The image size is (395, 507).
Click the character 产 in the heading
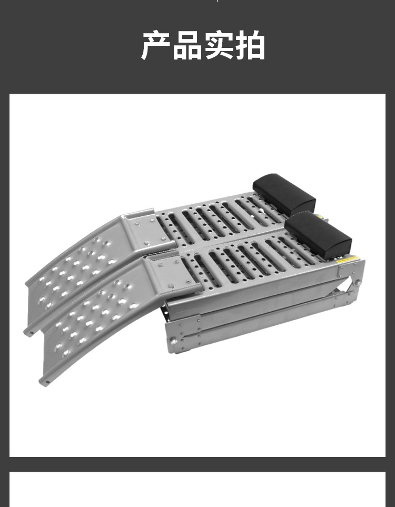coord(156,45)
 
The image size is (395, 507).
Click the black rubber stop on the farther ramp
coord(284,194)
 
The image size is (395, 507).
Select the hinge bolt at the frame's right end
coord(357,283)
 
